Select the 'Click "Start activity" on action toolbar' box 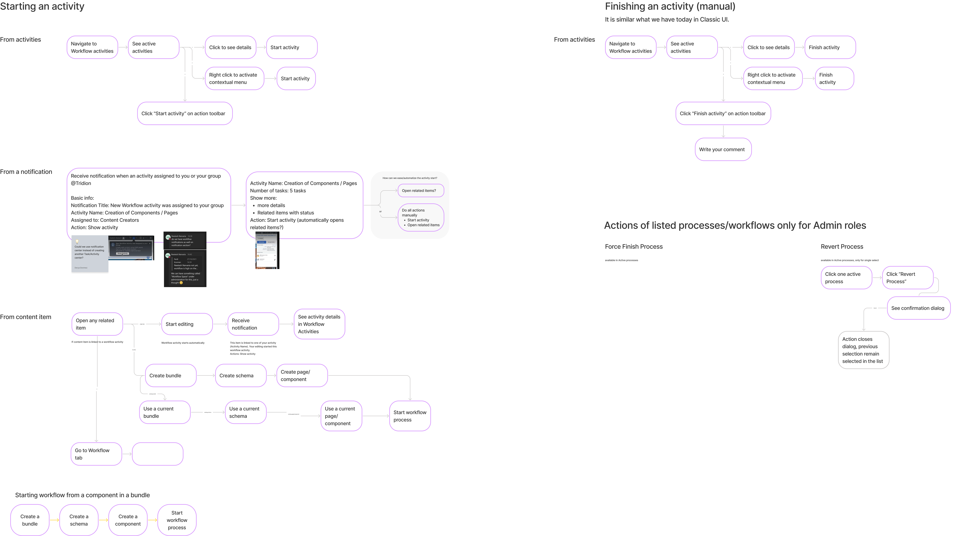[x=185, y=113]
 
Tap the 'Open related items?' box [x=421, y=191]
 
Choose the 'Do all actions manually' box [x=421, y=217]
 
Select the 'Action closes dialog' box [x=863, y=350]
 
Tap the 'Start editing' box [x=187, y=324]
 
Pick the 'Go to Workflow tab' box [x=96, y=454]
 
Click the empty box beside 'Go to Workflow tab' [x=157, y=454]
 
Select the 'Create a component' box [x=128, y=520]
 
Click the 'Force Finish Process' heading [x=634, y=247]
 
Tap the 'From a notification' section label [x=26, y=172]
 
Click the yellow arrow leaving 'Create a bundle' [x=55, y=520]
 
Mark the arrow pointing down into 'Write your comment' [x=723, y=132]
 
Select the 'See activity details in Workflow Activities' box [x=319, y=324]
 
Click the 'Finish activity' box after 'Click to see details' [x=830, y=47]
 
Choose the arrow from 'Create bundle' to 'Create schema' [x=206, y=375]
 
